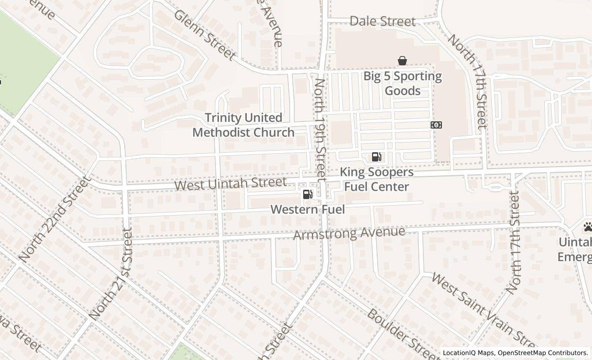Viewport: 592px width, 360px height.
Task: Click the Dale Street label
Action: [382, 21]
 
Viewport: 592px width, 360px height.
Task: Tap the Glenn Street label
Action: [205, 34]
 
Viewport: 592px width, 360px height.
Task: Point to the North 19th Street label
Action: [320, 129]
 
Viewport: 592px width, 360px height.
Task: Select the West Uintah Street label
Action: [230, 184]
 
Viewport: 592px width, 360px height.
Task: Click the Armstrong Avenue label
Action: [349, 233]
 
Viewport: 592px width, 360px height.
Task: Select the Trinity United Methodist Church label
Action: [243, 125]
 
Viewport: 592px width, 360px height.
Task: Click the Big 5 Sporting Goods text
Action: [402, 83]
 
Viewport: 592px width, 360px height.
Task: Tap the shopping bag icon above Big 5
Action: [402, 61]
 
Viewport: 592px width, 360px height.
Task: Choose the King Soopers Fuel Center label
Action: [376, 179]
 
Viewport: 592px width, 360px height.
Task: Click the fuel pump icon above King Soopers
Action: [376, 157]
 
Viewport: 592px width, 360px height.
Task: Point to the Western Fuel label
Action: [307, 209]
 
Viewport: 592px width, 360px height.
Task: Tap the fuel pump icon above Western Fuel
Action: [307, 194]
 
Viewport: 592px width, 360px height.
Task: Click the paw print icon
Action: [587, 226]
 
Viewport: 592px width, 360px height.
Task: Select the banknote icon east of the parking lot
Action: [436, 125]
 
